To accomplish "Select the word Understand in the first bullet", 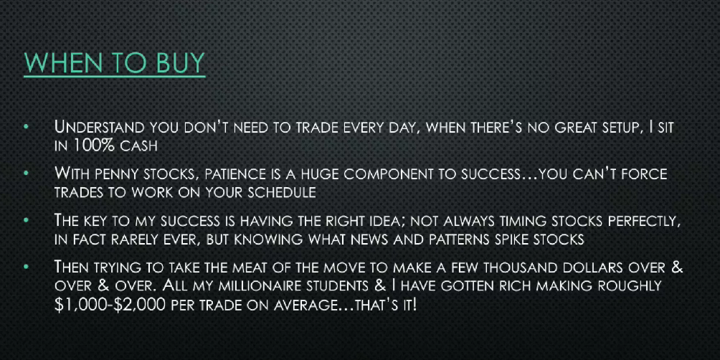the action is click(99, 127).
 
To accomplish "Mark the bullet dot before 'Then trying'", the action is click(27, 266).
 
